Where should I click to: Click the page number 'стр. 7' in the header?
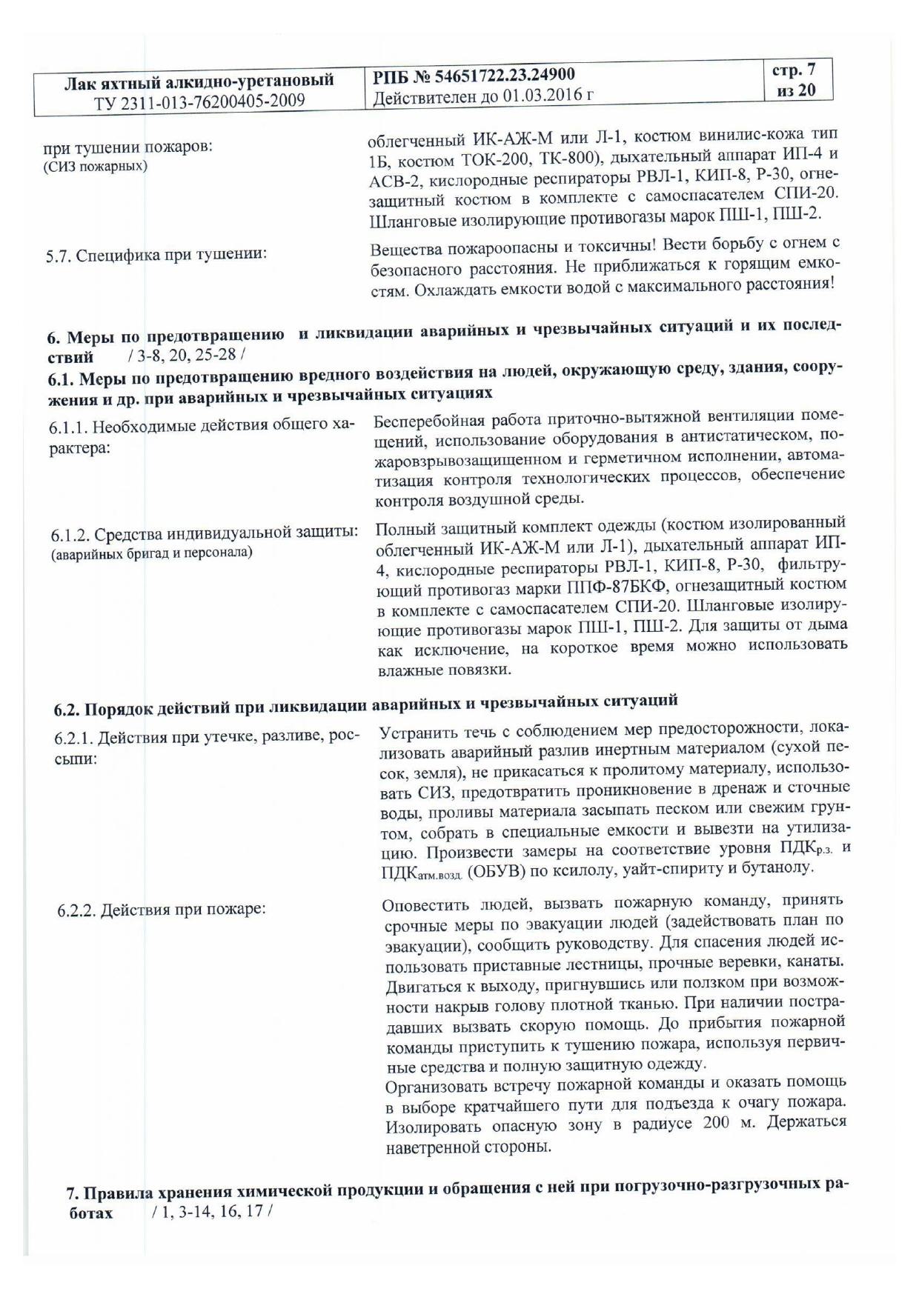794,71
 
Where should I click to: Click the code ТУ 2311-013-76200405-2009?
199,101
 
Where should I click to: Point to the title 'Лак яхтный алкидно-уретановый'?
199,81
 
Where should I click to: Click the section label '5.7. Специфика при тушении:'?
156,255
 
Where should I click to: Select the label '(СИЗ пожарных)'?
96,166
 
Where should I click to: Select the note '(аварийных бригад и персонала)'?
152,553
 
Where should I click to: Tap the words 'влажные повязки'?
444,670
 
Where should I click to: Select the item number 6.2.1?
74,739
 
